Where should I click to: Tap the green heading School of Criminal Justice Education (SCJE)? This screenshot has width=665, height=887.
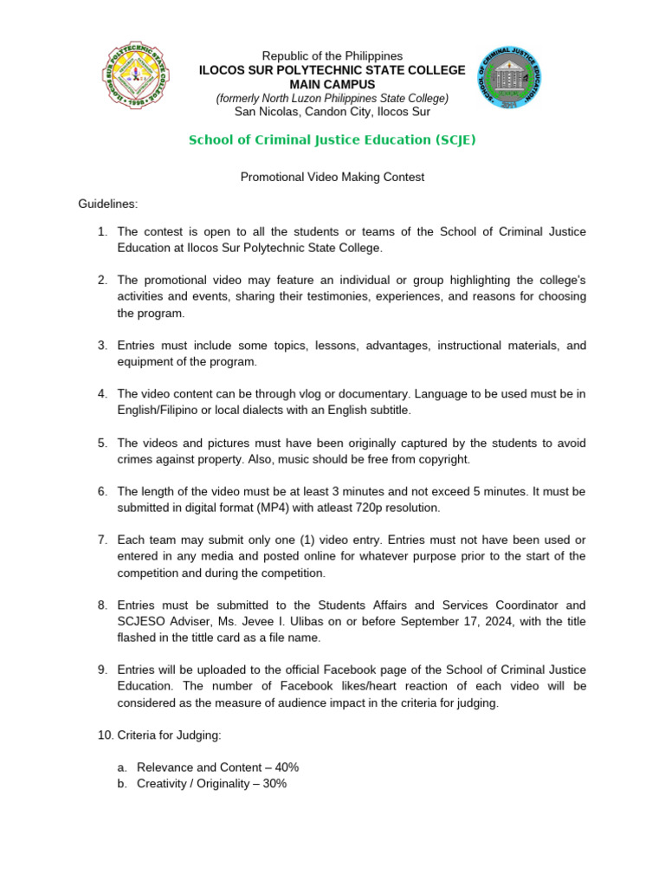332,139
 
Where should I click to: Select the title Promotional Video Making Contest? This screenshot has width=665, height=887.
332,177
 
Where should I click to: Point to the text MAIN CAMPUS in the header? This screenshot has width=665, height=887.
332,84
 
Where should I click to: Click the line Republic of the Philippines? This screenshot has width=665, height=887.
332,55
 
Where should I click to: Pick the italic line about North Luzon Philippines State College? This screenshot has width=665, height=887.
332,98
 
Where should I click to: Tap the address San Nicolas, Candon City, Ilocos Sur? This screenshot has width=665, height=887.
332,111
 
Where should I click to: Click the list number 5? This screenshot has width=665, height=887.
101,443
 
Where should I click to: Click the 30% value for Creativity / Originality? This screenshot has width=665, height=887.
273,783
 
